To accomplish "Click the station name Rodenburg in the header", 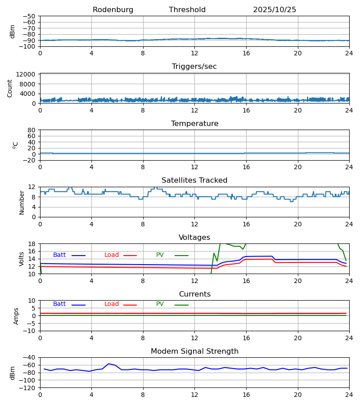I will (x=113, y=10).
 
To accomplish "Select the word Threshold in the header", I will (x=187, y=10).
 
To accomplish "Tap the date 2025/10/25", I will (x=274, y=10).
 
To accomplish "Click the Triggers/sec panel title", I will (x=194, y=67).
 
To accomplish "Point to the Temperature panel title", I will (x=194, y=124).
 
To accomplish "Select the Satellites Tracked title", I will (x=194, y=180).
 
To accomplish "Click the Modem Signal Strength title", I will (x=194, y=351).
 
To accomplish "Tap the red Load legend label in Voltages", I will (x=112, y=255).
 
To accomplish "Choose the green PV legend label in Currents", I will (x=160, y=304).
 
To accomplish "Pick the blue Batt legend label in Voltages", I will (x=59, y=255).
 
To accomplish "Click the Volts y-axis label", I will (x=22, y=259).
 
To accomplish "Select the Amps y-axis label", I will (x=17, y=316).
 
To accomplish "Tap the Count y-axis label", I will (x=10, y=88).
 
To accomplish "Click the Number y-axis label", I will (x=22, y=202).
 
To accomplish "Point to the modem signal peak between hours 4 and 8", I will (x=108, y=364).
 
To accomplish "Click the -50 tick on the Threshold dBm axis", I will (x=29, y=16).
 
